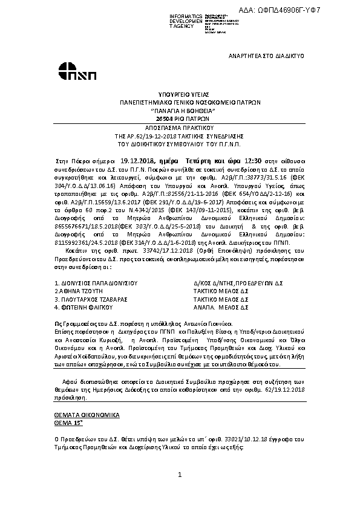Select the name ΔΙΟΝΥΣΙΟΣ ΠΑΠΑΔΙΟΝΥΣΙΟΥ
99,265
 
